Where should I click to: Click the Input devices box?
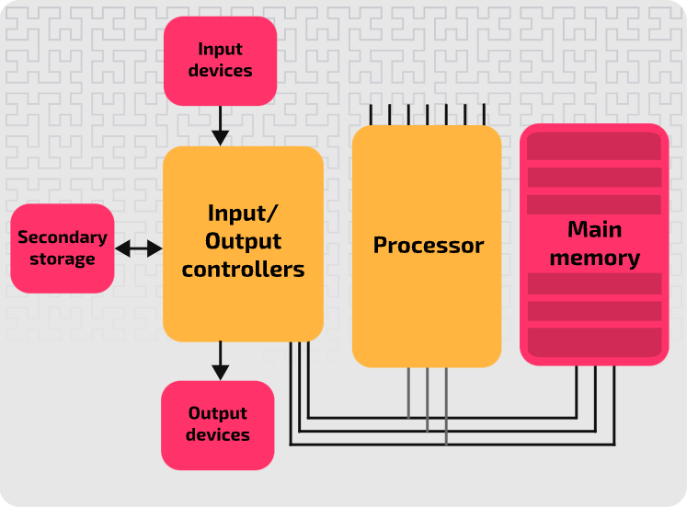(220, 60)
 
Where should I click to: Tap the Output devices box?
(218, 425)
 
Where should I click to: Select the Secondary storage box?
(63, 248)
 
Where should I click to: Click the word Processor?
(428, 246)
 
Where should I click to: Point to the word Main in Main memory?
(594, 229)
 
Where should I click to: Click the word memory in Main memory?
(594, 258)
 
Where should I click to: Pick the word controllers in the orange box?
(243, 270)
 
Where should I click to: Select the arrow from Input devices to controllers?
(220, 125)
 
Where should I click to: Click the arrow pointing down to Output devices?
(220, 360)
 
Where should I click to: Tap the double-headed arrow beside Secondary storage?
(139, 248)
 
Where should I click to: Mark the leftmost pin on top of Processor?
(371, 114)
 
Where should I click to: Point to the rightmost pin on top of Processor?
(484, 114)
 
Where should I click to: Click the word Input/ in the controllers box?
(243, 214)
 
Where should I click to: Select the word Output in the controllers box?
(243, 241)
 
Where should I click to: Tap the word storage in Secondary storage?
(63, 260)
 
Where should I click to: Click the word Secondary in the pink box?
(63, 237)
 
